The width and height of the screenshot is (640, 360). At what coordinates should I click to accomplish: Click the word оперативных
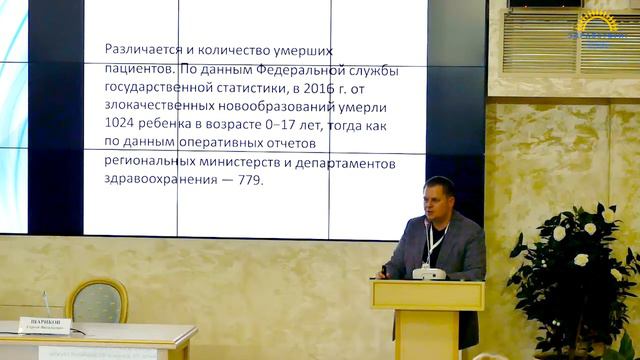[x=212, y=143]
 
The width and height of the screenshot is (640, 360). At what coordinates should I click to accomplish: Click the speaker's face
[x=438, y=199]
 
